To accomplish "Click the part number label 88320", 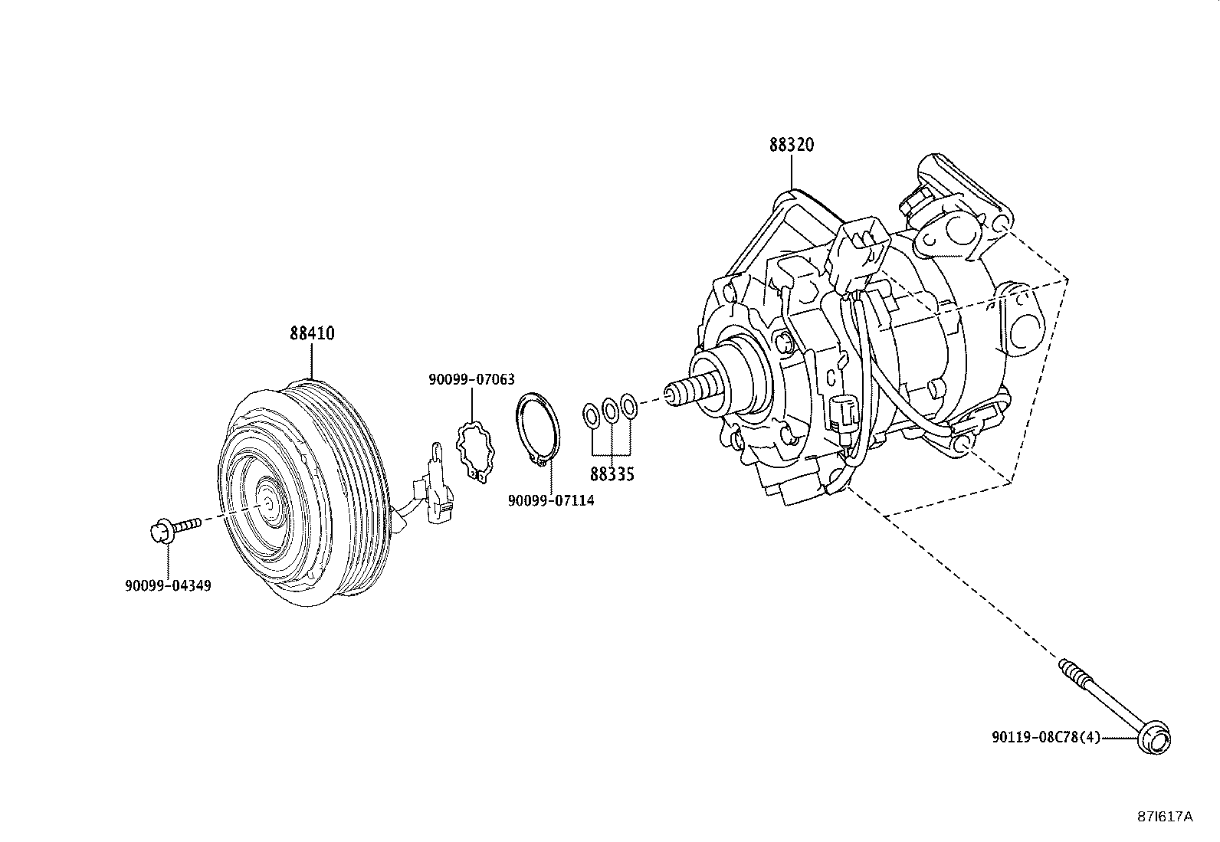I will [x=792, y=145].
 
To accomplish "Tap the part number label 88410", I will [x=312, y=334].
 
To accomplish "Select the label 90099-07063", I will [x=471, y=379].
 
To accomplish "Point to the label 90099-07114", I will [x=550, y=500].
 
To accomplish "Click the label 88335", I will [x=612, y=474].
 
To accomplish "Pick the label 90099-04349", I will [x=167, y=585].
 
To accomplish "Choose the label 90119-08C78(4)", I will [x=1045, y=737].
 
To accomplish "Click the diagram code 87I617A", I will [x=1164, y=817].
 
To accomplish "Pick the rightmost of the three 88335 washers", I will [x=628, y=406].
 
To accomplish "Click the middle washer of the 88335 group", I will [x=611, y=410].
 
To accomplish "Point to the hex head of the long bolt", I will [x=1155, y=739].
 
